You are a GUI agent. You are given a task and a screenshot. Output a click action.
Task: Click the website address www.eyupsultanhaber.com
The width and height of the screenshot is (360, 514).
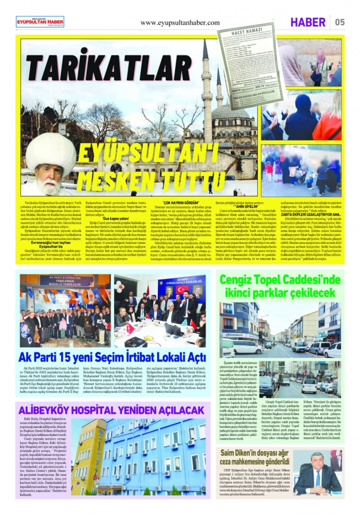point(180,22)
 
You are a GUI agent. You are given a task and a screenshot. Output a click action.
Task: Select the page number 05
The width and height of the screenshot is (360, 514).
point(340,22)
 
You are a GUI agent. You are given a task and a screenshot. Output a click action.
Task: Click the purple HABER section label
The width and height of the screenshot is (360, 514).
point(308,22)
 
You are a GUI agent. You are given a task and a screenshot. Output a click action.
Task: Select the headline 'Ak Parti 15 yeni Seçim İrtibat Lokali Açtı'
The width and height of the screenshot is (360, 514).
point(112,357)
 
